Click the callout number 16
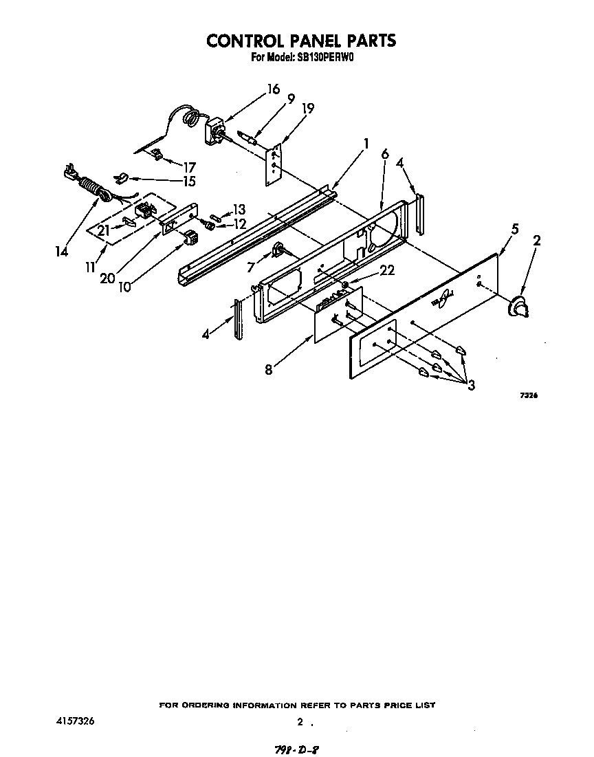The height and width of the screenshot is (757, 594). tap(274, 89)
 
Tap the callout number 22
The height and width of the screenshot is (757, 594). tap(387, 271)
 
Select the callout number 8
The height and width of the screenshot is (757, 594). tap(268, 369)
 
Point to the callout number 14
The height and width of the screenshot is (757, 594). tap(62, 252)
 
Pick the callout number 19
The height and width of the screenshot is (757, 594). tap(308, 108)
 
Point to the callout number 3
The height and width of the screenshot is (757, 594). tap(471, 385)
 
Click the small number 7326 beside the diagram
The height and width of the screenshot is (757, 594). tap(528, 395)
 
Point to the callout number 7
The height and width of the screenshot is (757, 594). tap(250, 267)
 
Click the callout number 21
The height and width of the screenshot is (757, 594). tap(103, 230)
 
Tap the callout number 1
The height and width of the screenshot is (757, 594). tap(366, 144)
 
